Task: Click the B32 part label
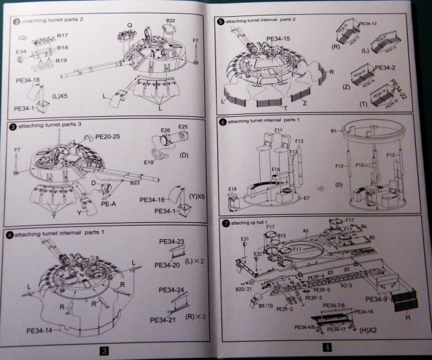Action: (170, 21)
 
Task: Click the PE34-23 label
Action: (171, 241)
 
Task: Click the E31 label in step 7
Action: (245, 239)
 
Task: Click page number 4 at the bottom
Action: (325, 349)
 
